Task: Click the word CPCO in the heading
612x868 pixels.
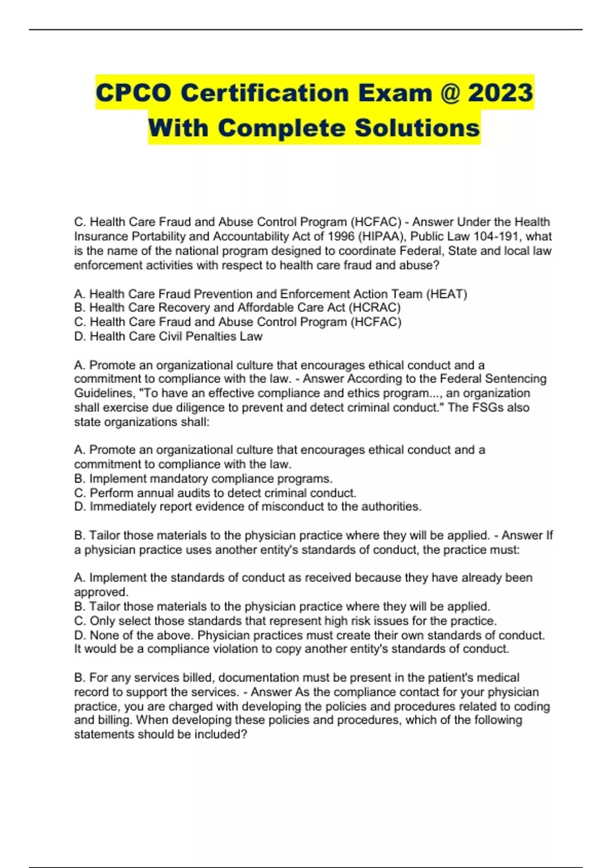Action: [x=134, y=93]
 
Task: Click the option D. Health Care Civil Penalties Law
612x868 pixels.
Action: [x=168, y=336]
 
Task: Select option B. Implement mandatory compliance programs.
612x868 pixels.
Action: [x=203, y=479]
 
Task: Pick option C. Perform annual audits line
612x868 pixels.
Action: [x=215, y=493]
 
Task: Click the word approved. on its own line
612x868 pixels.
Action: [x=101, y=592]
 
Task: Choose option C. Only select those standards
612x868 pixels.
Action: [x=285, y=621]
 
